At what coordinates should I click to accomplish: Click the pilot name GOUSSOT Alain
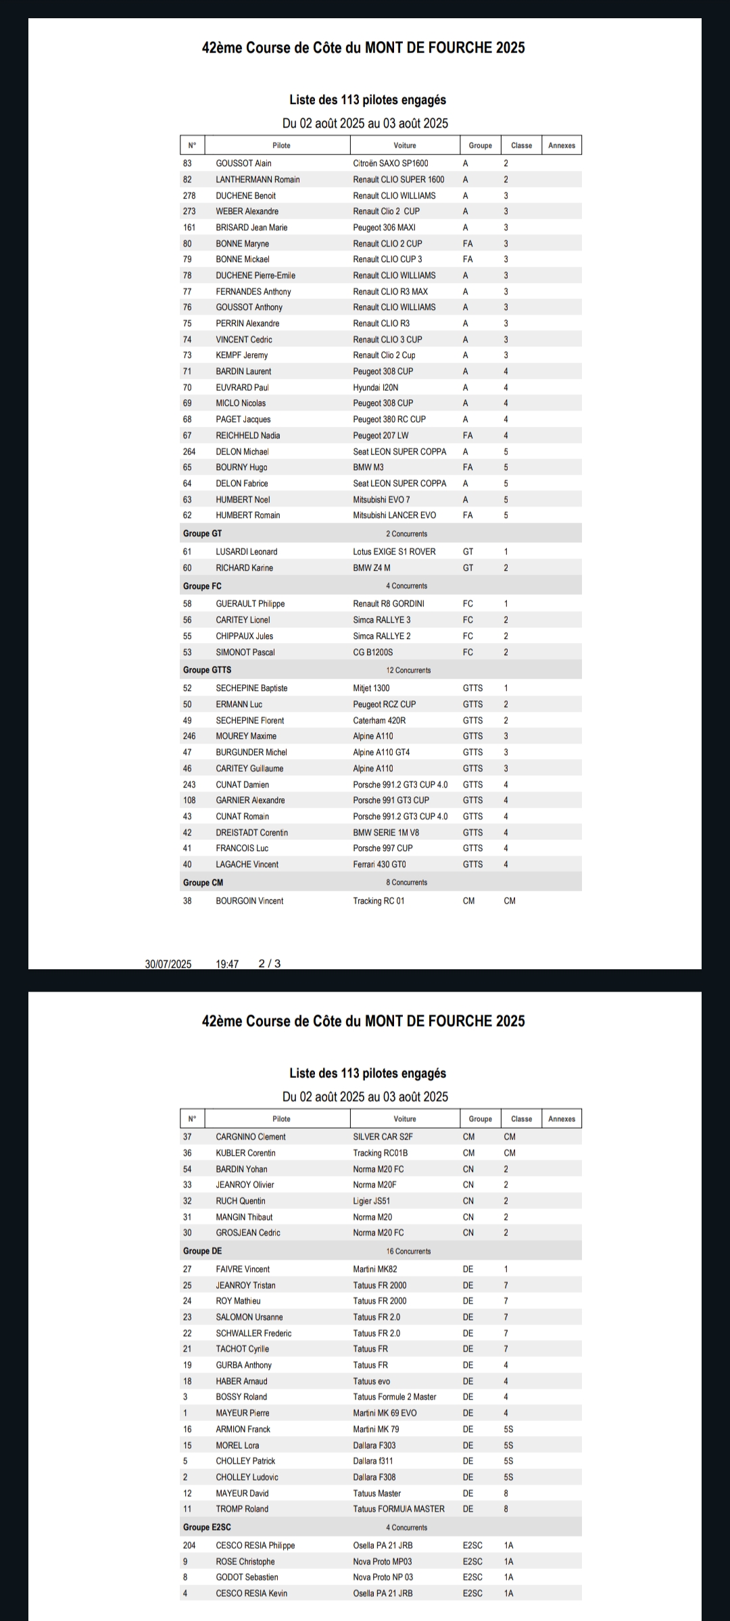(243, 163)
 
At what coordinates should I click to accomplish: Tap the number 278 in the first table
(189, 196)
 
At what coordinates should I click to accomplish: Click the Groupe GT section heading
(202, 534)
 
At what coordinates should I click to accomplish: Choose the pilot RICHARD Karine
(244, 568)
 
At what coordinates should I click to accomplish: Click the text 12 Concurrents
(408, 670)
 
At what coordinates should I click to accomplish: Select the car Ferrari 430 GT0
(379, 865)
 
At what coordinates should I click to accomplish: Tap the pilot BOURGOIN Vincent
(249, 901)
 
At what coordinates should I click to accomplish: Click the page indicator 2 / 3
(269, 964)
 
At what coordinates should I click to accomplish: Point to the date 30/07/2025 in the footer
(168, 964)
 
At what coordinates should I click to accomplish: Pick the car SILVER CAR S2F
(383, 1137)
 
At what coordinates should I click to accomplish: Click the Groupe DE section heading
(202, 1251)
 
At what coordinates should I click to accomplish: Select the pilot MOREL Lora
(237, 1445)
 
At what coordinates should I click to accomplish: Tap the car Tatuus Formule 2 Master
(394, 1397)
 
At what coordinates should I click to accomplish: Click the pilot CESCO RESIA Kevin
(251, 1593)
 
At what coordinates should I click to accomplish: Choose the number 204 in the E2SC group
(189, 1545)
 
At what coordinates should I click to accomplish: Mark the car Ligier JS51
(371, 1201)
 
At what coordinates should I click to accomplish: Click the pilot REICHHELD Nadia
(247, 436)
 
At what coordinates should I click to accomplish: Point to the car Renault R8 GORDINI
(388, 604)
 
